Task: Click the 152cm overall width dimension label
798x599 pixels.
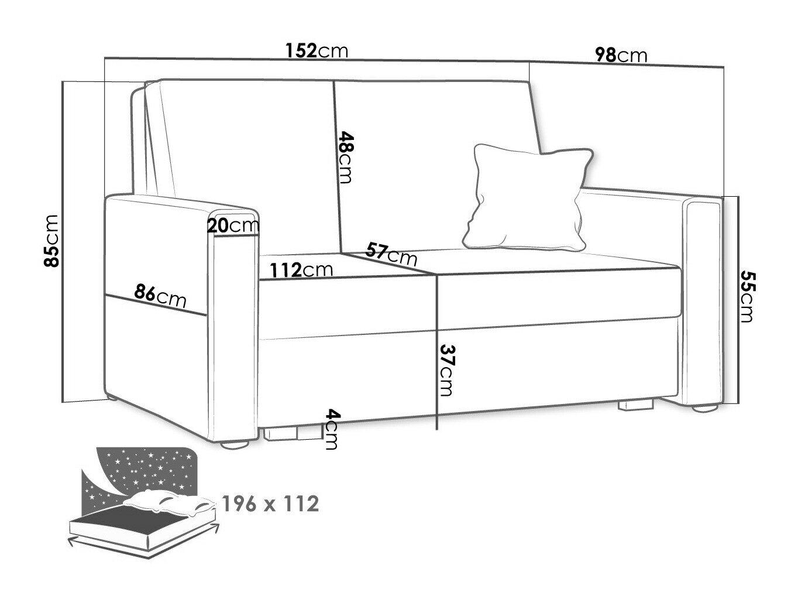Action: (x=317, y=50)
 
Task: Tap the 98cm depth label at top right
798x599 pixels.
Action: (x=621, y=55)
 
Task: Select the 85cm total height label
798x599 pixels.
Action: (x=51, y=241)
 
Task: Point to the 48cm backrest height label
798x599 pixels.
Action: (x=345, y=157)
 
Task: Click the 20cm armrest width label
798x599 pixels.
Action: (x=233, y=226)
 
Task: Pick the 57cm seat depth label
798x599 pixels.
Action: (x=391, y=254)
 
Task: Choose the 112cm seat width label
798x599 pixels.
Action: (x=301, y=270)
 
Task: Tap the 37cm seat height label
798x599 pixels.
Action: (x=446, y=370)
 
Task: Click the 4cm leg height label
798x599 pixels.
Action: (x=332, y=429)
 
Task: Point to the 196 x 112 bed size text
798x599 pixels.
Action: (x=270, y=504)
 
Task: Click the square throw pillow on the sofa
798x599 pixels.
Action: (x=527, y=197)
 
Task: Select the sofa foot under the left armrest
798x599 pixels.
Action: (x=235, y=444)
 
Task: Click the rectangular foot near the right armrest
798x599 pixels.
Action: (x=636, y=405)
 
